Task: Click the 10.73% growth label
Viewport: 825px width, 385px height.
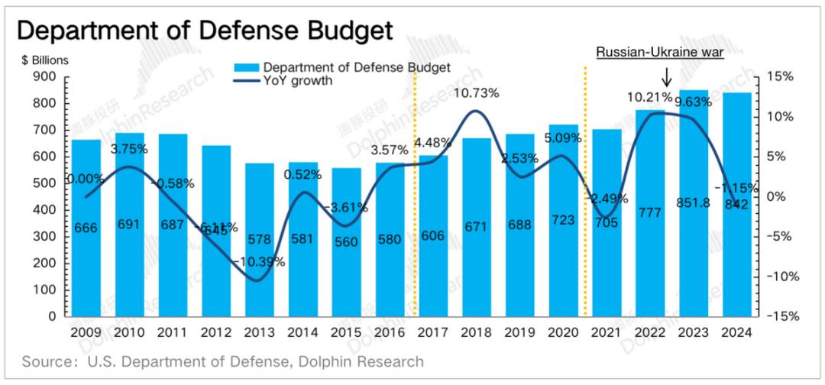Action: (477, 93)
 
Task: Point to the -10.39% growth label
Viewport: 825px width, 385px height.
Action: (260, 261)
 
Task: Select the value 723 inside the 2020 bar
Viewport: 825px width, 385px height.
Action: (564, 225)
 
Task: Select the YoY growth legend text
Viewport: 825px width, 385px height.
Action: (297, 81)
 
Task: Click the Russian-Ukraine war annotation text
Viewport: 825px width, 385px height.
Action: (659, 52)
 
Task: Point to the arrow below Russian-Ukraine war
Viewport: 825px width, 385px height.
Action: (666, 76)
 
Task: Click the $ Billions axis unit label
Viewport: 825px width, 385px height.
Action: (47, 59)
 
